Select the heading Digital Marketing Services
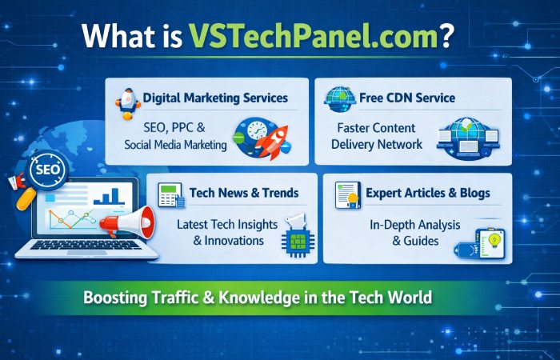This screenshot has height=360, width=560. (x=215, y=98)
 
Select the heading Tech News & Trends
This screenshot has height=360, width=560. (x=244, y=193)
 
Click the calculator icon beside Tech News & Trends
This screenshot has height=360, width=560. (x=170, y=194)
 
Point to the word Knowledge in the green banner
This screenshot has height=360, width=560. (x=266, y=298)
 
